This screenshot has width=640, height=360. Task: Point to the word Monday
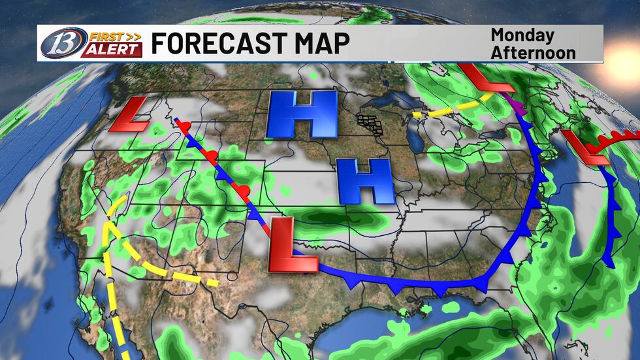(522, 35)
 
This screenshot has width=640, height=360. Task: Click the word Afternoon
(533, 52)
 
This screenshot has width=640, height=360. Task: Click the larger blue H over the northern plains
(302, 114)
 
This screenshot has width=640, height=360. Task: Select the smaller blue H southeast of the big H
(365, 180)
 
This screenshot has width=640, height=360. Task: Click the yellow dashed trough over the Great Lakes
(451, 108)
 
